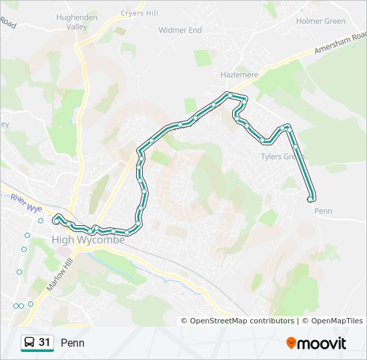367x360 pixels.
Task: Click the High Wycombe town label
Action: click(88, 240)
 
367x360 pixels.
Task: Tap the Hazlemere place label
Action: click(239, 75)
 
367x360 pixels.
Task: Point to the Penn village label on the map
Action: click(323, 211)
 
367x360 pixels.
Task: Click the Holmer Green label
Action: click(320, 21)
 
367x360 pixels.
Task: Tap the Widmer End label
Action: click(180, 31)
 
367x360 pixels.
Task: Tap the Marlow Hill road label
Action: click(59, 273)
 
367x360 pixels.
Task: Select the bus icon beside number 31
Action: click(29, 343)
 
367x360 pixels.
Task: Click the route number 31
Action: click(45, 343)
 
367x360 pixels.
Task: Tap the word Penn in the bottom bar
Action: click(73, 343)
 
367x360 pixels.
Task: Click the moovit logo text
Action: click(322, 343)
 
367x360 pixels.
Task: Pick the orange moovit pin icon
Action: click(291, 343)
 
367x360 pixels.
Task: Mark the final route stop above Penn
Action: click(310, 199)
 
